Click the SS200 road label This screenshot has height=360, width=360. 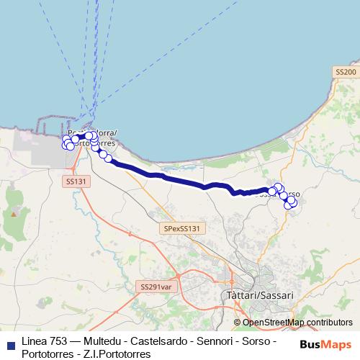point(346,73)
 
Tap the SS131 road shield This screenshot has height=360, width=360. point(75,183)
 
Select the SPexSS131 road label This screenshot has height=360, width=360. point(184,228)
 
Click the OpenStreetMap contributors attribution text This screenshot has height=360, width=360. point(297,322)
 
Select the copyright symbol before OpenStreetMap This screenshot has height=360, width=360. point(237,322)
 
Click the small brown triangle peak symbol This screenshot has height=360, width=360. point(14,214)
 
